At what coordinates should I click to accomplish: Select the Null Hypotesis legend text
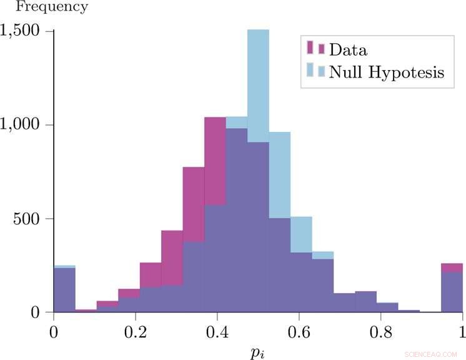click(x=387, y=72)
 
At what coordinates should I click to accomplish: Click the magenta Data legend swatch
click(x=315, y=49)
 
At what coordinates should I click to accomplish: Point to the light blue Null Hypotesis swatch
click(x=315, y=71)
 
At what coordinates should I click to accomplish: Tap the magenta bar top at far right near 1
click(x=452, y=267)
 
